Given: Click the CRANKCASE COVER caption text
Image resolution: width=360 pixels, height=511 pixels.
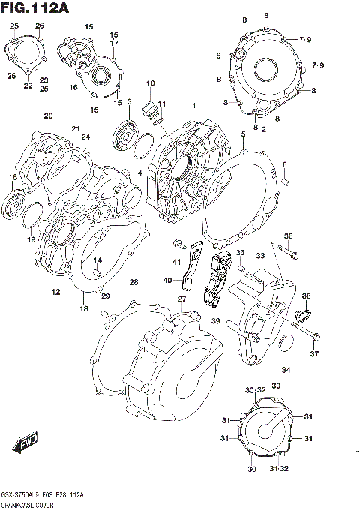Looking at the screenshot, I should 31,505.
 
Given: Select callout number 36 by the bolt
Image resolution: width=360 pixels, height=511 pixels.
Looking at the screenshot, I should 288,237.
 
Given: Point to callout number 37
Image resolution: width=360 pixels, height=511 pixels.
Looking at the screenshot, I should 314,354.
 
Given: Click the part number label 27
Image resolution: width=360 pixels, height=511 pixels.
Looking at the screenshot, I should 181,299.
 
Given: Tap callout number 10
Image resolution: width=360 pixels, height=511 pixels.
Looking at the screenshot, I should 150,83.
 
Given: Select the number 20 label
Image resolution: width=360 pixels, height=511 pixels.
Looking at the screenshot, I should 48,116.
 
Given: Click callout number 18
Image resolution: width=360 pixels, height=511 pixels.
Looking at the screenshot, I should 12,177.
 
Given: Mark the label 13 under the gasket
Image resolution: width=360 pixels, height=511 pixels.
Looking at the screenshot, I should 83,308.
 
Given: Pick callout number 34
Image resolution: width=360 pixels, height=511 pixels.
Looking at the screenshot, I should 285,369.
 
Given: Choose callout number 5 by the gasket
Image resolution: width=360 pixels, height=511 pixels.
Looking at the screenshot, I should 243,134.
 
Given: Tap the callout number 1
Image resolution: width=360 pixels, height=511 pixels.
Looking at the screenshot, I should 193,105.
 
